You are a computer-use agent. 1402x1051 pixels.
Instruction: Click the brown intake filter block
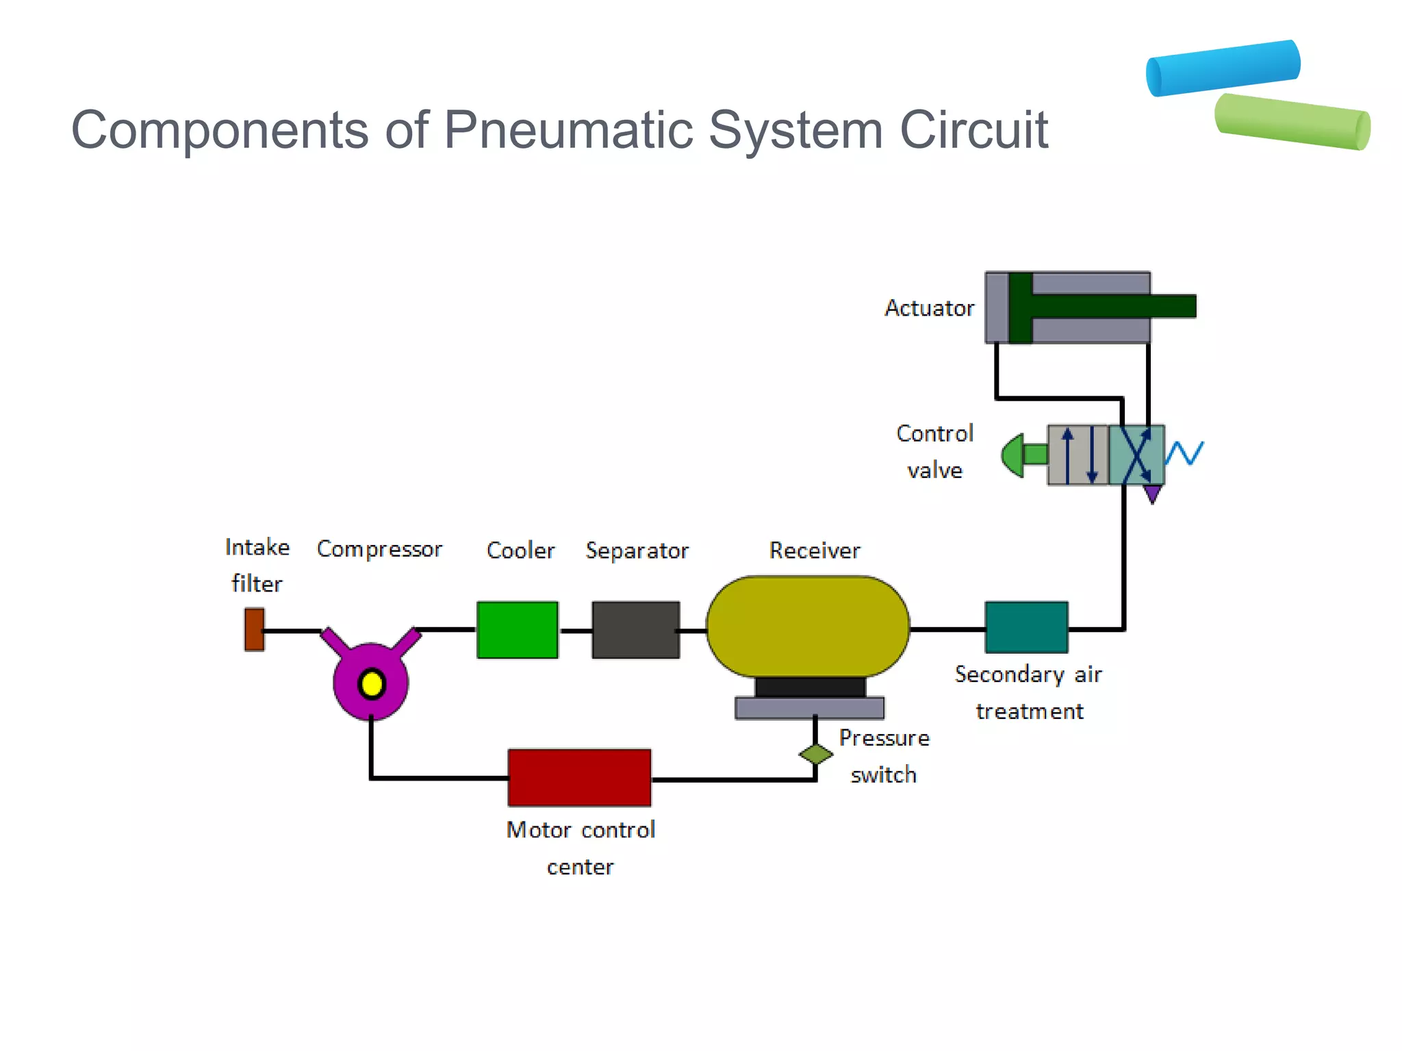(254, 629)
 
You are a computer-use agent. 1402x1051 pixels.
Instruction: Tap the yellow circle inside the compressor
(372, 684)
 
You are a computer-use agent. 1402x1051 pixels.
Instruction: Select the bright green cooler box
(518, 630)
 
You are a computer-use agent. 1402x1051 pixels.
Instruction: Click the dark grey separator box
(635, 630)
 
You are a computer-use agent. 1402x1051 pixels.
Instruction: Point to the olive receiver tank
(808, 626)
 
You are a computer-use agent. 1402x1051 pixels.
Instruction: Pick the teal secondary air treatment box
(1026, 627)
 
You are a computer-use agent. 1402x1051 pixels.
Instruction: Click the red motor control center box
(579, 778)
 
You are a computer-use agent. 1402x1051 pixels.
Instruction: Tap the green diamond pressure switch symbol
(816, 755)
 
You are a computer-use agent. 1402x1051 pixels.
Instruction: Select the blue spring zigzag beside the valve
(1184, 453)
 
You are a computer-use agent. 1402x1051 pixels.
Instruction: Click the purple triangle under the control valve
(1153, 494)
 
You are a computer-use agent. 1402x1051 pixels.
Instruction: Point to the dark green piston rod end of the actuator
(1174, 306)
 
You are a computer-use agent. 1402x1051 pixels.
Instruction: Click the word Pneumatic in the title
(568, 129)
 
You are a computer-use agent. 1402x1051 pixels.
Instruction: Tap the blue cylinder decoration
(1223, 68)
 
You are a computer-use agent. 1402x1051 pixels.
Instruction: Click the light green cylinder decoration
(1292, 122)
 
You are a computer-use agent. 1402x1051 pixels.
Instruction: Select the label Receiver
(814, 550)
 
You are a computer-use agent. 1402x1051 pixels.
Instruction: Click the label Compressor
(379, 549)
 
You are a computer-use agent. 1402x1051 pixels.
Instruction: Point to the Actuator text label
(929, 308)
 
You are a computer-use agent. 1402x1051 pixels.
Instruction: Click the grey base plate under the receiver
(809, 708)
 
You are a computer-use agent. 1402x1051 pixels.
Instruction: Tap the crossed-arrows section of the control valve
(1136, 455)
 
